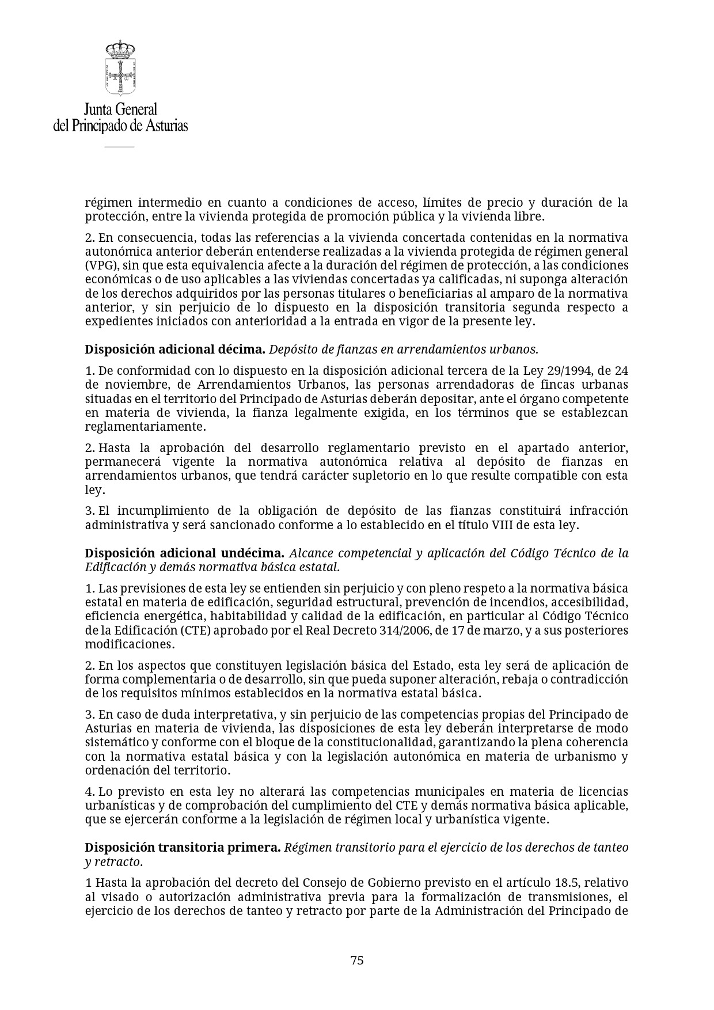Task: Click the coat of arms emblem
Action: click(x=120, y=68)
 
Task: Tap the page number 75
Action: click(x=357, y=960)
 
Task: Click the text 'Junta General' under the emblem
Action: click(x=120, y=109)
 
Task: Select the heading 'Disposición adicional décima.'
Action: click(x=175, y=349)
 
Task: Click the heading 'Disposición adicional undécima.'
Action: click(x=184, y=553)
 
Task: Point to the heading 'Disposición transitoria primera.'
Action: click(x=183, y=848)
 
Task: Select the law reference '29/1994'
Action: click(x=566, y=370)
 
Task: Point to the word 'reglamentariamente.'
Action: click(x=145, y=427)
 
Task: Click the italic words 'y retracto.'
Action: click(x=113, y=862)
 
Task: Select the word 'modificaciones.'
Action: click(x=130, y=644)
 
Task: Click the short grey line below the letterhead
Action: click(x=119, y=147)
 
